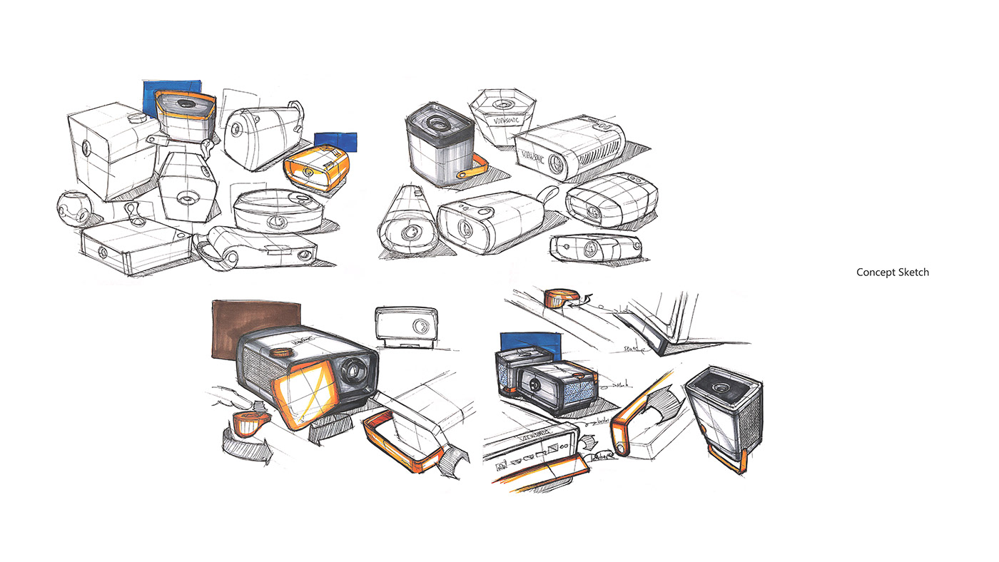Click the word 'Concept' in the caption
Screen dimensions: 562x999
point(875,272)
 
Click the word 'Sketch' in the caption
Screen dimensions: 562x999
point(913,272)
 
